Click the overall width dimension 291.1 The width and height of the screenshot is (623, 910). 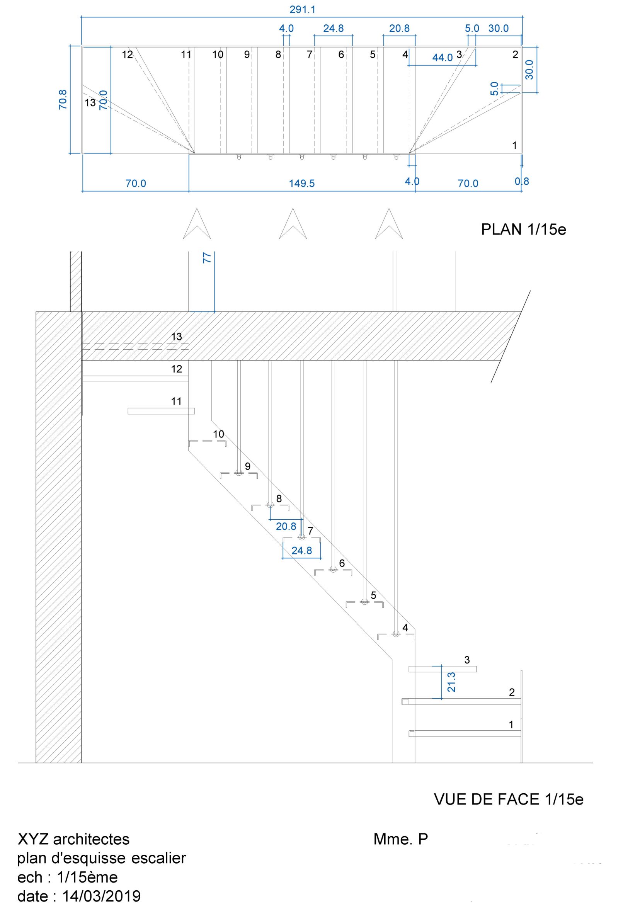coord(302,10)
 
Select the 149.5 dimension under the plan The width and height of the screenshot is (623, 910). coord(302,183)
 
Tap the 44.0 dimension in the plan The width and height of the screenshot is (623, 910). coord(443,58)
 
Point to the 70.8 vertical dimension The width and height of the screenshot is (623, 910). coord(63,99)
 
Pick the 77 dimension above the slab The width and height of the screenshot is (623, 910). coord(207,258)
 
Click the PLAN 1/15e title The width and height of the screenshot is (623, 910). coord(523,230)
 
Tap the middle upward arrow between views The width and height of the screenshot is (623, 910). coord(293,224)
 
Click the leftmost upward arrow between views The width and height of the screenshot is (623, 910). coord(197,224)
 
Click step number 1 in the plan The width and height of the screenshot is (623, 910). coord(514,146)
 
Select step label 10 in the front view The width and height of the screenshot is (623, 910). coord(218,434)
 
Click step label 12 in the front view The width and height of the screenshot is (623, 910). coord(177,369)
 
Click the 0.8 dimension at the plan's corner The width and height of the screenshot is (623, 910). coord(522,181)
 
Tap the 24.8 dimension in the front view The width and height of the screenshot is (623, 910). coord(301,551)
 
